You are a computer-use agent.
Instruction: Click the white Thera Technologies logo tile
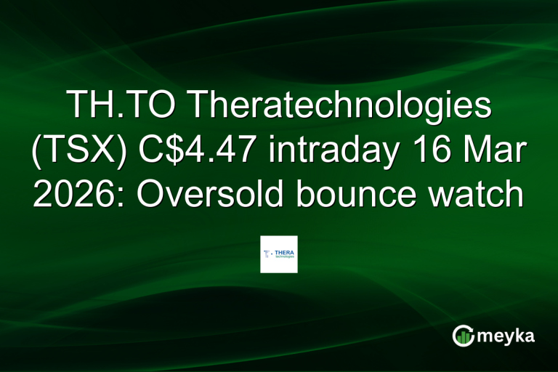click(279, 254)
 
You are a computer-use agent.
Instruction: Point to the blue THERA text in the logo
click(284, 251)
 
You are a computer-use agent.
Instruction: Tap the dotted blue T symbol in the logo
click(267, 254)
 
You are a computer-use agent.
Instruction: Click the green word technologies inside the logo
click(284, 256)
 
